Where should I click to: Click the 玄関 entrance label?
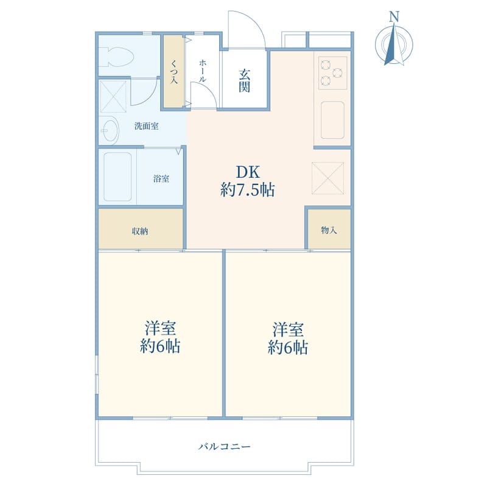click(x=245, y=80)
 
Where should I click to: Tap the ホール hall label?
click(x=202, y=71)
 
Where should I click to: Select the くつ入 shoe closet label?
click(x=174, y=72)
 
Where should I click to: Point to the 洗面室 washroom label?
click(x=146, y=126)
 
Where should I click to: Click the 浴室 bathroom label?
click(x=161, y=178)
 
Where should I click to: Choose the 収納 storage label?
click(x=140, y=231)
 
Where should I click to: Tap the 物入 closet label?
click(x=329, y=230)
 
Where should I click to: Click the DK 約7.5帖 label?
click(x=248, y=181)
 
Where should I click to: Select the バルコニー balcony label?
click(x=224, y=447)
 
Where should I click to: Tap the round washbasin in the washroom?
click(x=110, y=130)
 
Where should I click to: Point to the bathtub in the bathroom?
click(x=117, y=177)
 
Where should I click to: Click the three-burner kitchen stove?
click(x=332, y=73)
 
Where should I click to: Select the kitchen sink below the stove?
click(x=332, y=120)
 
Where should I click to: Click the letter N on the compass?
click(x=394, y=16)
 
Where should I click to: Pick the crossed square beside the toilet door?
click(x=114, y=96)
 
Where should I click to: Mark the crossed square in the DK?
click(x=328, y=178)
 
